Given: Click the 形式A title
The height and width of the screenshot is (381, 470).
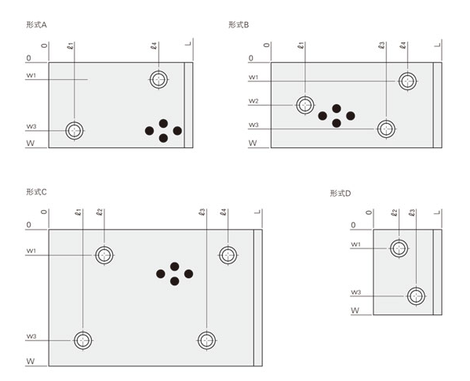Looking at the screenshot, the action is point(36,24).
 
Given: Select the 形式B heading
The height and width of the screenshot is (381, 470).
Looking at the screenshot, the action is point(239,24).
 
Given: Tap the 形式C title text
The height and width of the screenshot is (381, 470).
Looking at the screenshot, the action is point(36,192).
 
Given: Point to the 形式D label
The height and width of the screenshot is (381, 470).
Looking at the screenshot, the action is point(341,193).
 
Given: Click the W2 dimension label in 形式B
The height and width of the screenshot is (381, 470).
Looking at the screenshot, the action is point(253,101).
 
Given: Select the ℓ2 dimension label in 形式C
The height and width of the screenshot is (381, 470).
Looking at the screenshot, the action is point(100,212).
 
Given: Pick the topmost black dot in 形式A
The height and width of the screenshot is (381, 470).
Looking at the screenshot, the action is point(163,123).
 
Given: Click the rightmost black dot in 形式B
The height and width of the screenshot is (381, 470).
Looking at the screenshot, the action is point(351,115).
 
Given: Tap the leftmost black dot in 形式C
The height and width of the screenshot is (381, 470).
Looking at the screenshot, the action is point(161,274).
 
